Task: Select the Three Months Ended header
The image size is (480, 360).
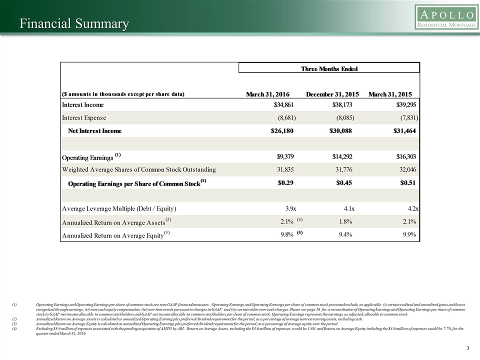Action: point(329,68)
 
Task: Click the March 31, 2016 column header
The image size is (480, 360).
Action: point(268,94)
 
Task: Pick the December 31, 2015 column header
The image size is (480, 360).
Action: point(332,94)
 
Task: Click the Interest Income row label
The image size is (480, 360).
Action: point(82,104)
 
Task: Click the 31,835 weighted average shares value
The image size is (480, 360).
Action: point(285,169)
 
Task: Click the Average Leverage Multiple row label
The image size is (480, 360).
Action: point(119,208)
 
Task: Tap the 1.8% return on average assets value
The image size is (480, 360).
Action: point(347,221)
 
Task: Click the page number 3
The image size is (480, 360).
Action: point(467,348)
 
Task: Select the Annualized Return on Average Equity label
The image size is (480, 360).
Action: point(112,234)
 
